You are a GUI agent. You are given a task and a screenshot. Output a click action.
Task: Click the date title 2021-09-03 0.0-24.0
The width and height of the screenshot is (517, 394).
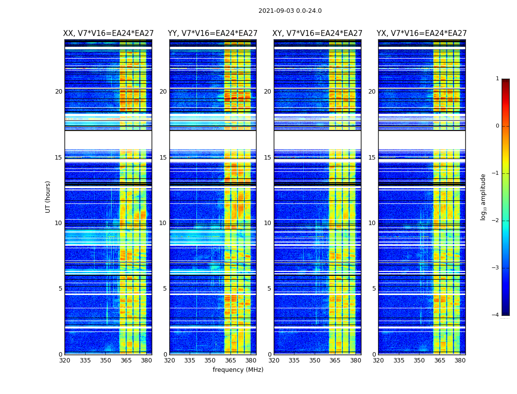290,11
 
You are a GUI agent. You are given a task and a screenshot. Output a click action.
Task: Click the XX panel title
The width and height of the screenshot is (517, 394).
108,33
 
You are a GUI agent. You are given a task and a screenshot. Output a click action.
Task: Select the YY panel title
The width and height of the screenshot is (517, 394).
213,33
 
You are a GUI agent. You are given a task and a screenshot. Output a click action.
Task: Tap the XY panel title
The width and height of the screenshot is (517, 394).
318,33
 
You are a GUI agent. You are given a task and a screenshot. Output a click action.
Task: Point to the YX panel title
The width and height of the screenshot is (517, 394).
421,33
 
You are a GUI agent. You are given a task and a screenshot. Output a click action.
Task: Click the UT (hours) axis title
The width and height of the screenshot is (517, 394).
48,197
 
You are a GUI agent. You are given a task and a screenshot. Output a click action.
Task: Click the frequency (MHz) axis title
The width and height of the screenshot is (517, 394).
238,370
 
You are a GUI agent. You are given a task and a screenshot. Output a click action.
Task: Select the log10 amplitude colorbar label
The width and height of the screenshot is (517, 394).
483,197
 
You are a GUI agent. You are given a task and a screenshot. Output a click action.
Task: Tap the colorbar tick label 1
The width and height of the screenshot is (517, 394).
497,79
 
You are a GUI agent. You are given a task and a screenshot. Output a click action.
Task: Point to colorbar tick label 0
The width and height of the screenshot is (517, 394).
497,126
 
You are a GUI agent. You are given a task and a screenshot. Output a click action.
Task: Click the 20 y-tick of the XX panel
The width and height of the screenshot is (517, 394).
59,92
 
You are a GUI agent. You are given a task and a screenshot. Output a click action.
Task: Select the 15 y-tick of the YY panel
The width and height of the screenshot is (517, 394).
163,158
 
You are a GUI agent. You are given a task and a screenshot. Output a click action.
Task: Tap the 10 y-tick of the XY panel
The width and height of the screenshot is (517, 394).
267,223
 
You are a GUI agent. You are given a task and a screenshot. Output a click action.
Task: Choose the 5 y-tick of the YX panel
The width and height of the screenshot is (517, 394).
374,289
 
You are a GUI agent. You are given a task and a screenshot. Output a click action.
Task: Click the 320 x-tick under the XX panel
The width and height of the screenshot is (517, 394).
65,361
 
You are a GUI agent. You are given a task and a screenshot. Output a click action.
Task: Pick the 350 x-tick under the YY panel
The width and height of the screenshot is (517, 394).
210,361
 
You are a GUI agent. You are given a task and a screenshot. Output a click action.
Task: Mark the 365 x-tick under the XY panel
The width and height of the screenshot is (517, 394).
335,361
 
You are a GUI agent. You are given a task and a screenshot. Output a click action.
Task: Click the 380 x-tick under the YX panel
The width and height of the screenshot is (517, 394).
460,361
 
